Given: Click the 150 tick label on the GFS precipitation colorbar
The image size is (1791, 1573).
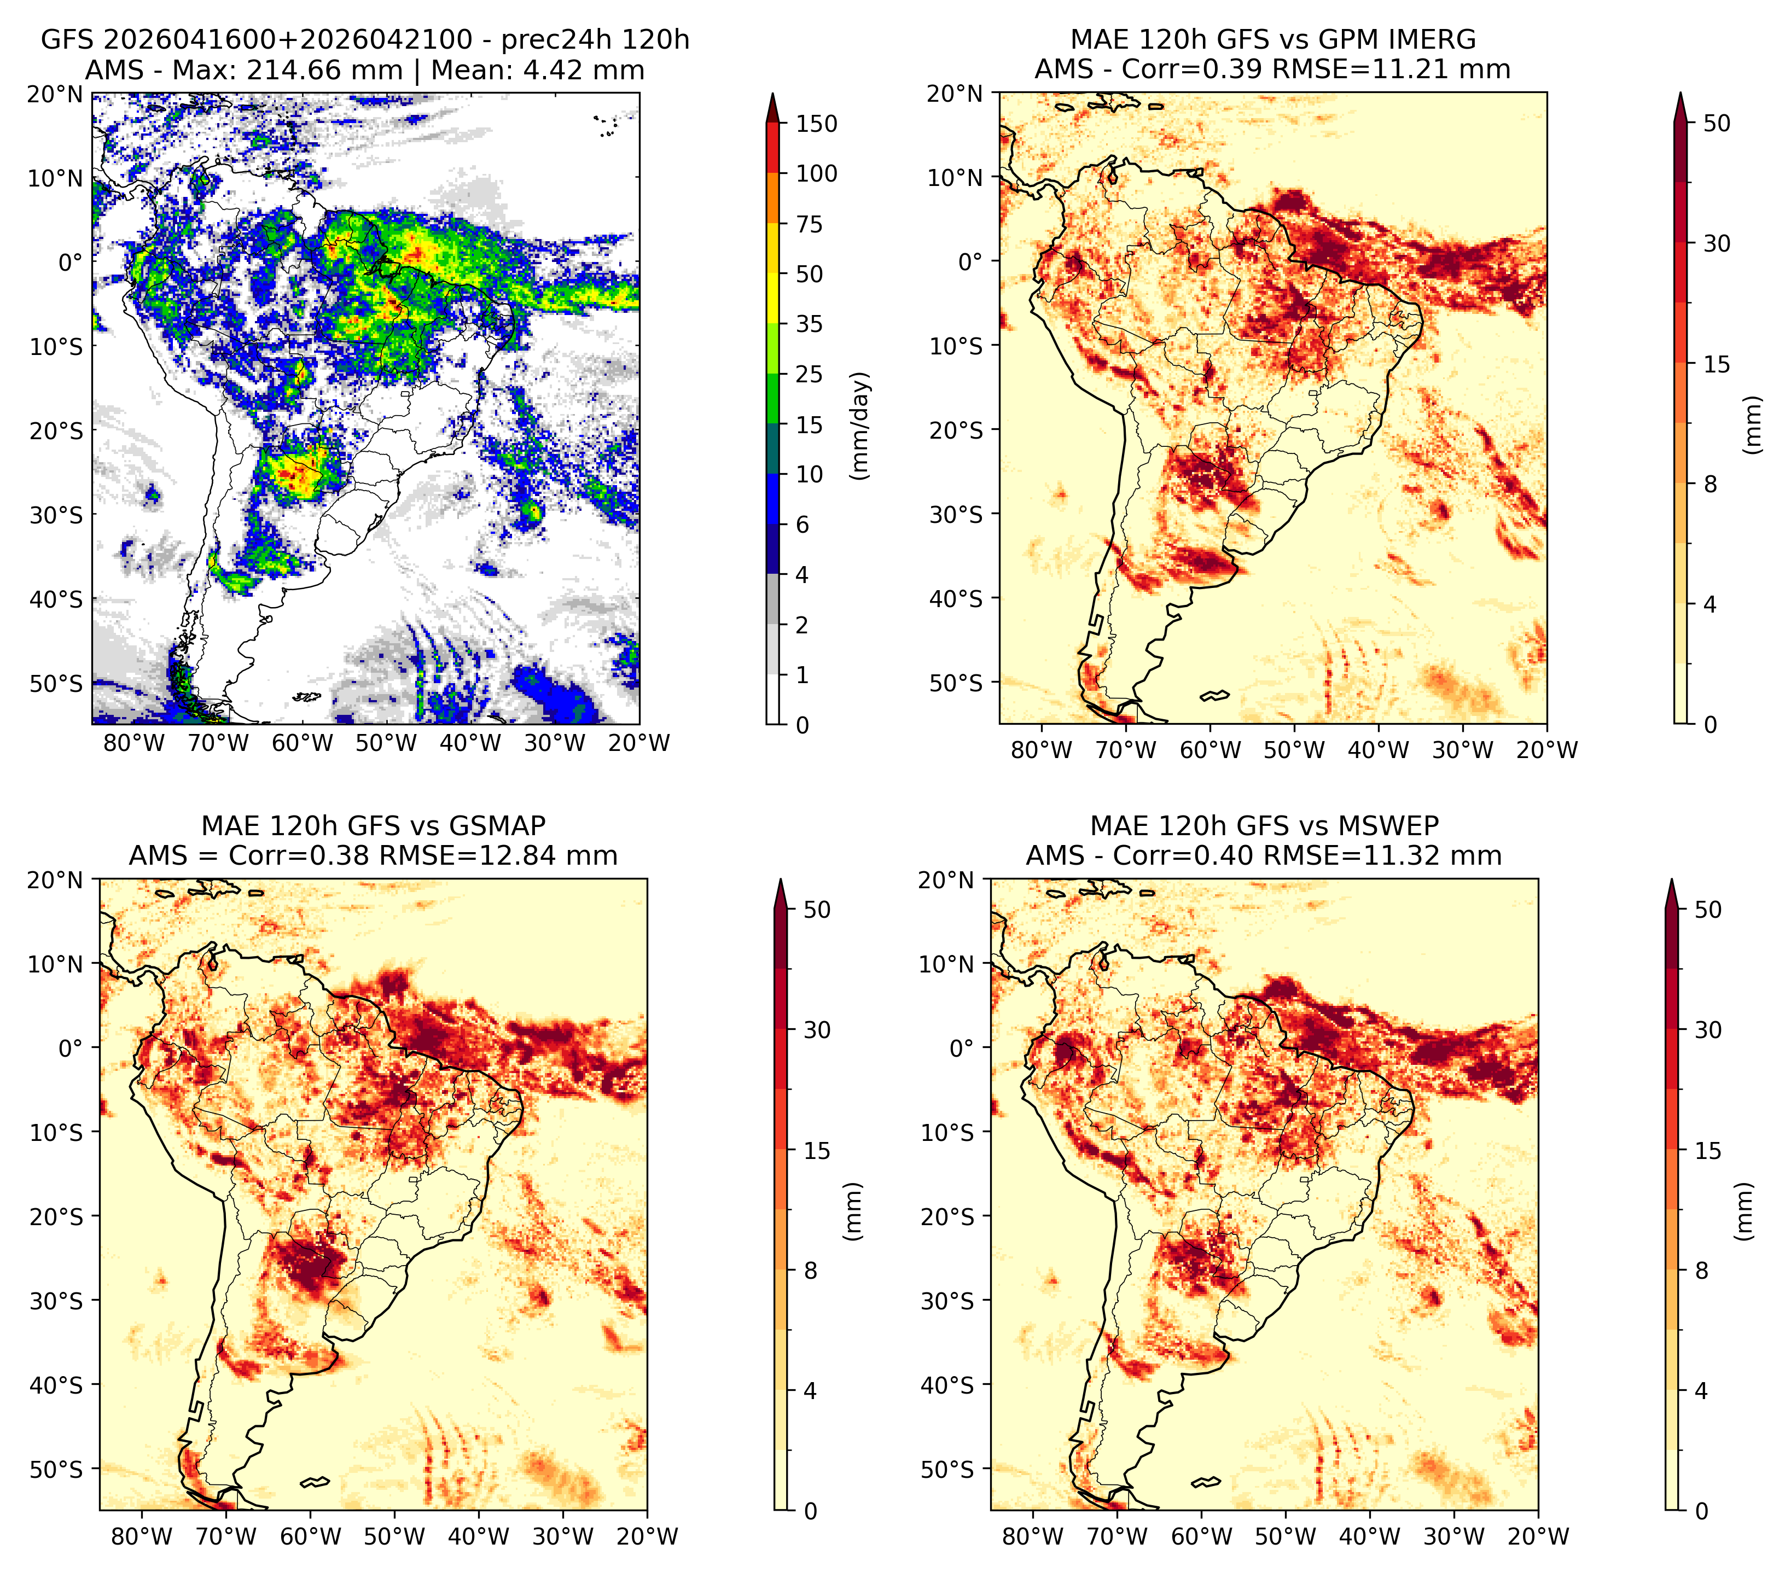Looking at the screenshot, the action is pyautogui.click(x=816, y=124).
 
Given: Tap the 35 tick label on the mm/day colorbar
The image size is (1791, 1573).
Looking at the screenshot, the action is pyautogui.click(x=809, y=324).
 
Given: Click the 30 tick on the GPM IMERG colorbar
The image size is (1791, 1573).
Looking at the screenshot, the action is pyautogui.click(x=1717, y=243).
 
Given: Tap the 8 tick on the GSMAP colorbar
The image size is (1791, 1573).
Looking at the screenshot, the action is pyautogui.click(x=811, y=1271).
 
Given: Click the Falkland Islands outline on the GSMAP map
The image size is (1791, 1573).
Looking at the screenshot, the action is pyautogui.click(x=315, y=1482).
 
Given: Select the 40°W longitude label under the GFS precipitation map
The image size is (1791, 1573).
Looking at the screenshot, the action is pyautogui.click(x=470, y=744).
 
